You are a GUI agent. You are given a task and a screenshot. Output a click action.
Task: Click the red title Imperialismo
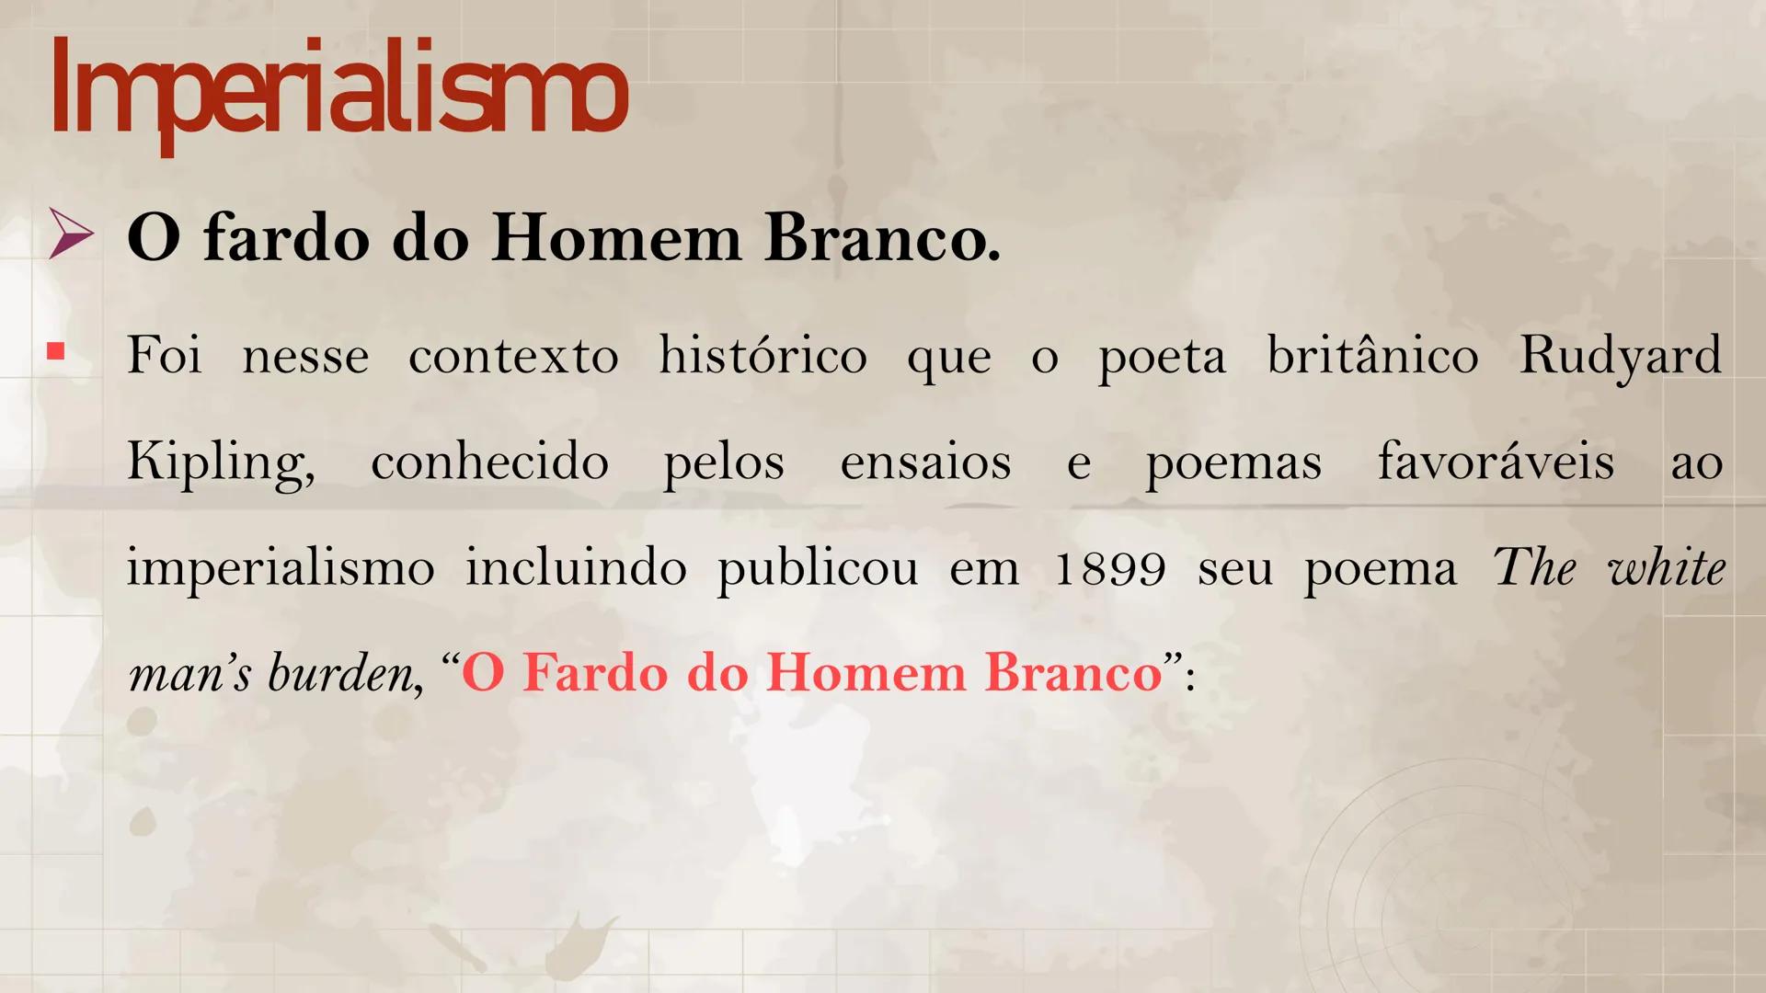(x=338, y=92)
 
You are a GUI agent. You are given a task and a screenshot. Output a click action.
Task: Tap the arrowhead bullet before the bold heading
(x=72, y=234)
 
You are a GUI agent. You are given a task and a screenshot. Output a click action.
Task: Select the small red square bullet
(x=56, y=351)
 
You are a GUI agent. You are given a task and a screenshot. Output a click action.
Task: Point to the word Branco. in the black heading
(x=881, y=238)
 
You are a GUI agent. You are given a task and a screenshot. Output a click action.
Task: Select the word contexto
(x=513, y=356)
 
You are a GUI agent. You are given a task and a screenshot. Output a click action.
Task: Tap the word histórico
(x=763, y=354)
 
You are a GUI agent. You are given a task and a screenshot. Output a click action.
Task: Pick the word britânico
(x=1372, y=354)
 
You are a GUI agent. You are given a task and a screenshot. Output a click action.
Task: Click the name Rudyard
(x=1620, y=356)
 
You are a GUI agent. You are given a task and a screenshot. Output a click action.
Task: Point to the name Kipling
(x=219, y=462)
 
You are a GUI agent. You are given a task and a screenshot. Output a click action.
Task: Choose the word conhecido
(x=489, y=461)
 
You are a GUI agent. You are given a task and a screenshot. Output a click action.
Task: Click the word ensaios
(x=925, y=462)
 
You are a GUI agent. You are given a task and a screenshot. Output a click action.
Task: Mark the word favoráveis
(x=1496, y=461)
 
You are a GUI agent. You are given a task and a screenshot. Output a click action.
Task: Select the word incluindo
(x=576, y=567)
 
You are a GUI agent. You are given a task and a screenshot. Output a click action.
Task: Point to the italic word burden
(x=340, y=674)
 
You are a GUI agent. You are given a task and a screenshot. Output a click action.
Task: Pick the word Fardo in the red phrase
(x=594, y=673)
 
